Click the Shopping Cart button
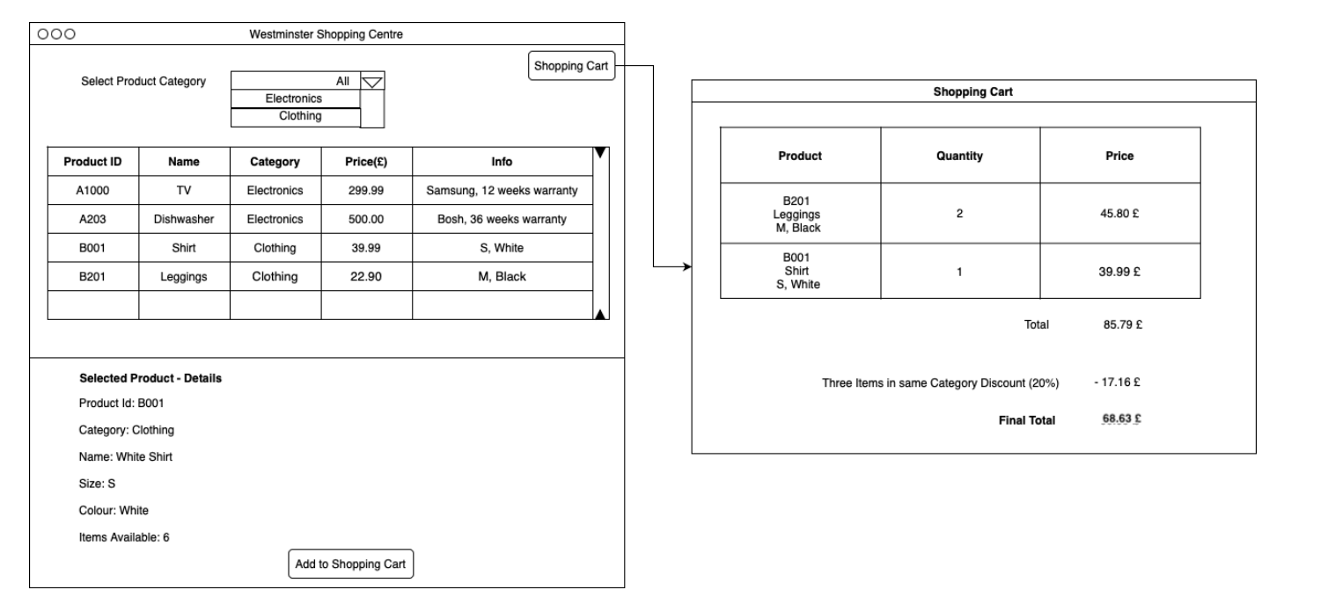(571, 66)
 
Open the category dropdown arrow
(373, 82)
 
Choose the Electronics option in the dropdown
(294, 98)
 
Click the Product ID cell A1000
(92, 190)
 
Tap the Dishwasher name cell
(184, 219)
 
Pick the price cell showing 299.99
(366, 190)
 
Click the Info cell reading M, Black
(502, 277)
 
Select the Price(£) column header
(366, 162)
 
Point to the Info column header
(502, 162)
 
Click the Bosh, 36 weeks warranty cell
(502, 219)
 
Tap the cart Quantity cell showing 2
(959, 214)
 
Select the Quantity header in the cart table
(959, 156)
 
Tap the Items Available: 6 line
(124, 537)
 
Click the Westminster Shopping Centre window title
(326, 34)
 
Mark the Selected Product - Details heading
(150, 378)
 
